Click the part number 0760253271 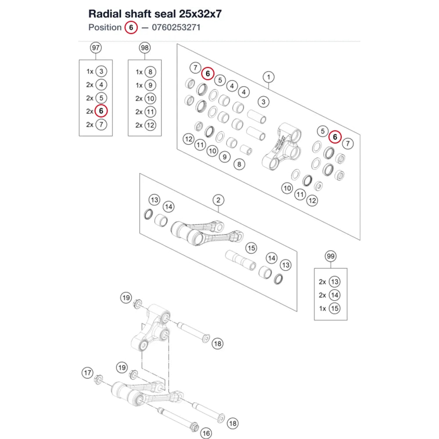point(176,27)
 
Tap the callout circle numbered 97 point(96,48)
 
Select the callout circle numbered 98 point(145,48)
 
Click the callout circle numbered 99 point(331,256)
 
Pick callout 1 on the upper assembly point(269,77)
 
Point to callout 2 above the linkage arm point(218,200)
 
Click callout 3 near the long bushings point(263,102)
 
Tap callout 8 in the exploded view point(239,164)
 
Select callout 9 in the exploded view point(224,157)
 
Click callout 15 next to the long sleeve point(251,248)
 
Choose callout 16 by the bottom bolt point(206,433)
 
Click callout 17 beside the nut point(88,373)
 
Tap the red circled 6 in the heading point(131,28)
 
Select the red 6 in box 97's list point(101,111)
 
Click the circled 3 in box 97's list point(101,72)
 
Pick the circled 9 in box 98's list point(150,86)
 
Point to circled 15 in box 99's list point(335,309)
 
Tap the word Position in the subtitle point(105,27)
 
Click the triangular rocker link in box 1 point(282,147)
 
